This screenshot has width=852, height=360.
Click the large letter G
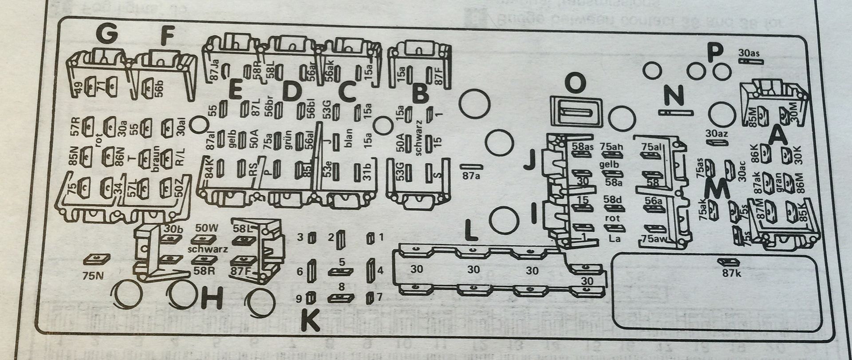106,35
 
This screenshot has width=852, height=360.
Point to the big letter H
212,300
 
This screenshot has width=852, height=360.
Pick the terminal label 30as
749,53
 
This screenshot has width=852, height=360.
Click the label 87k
731,273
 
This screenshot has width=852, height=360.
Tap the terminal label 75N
93,275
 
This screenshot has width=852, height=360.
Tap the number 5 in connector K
342,262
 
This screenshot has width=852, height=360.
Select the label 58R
205,270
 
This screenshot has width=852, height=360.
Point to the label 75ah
612,146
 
